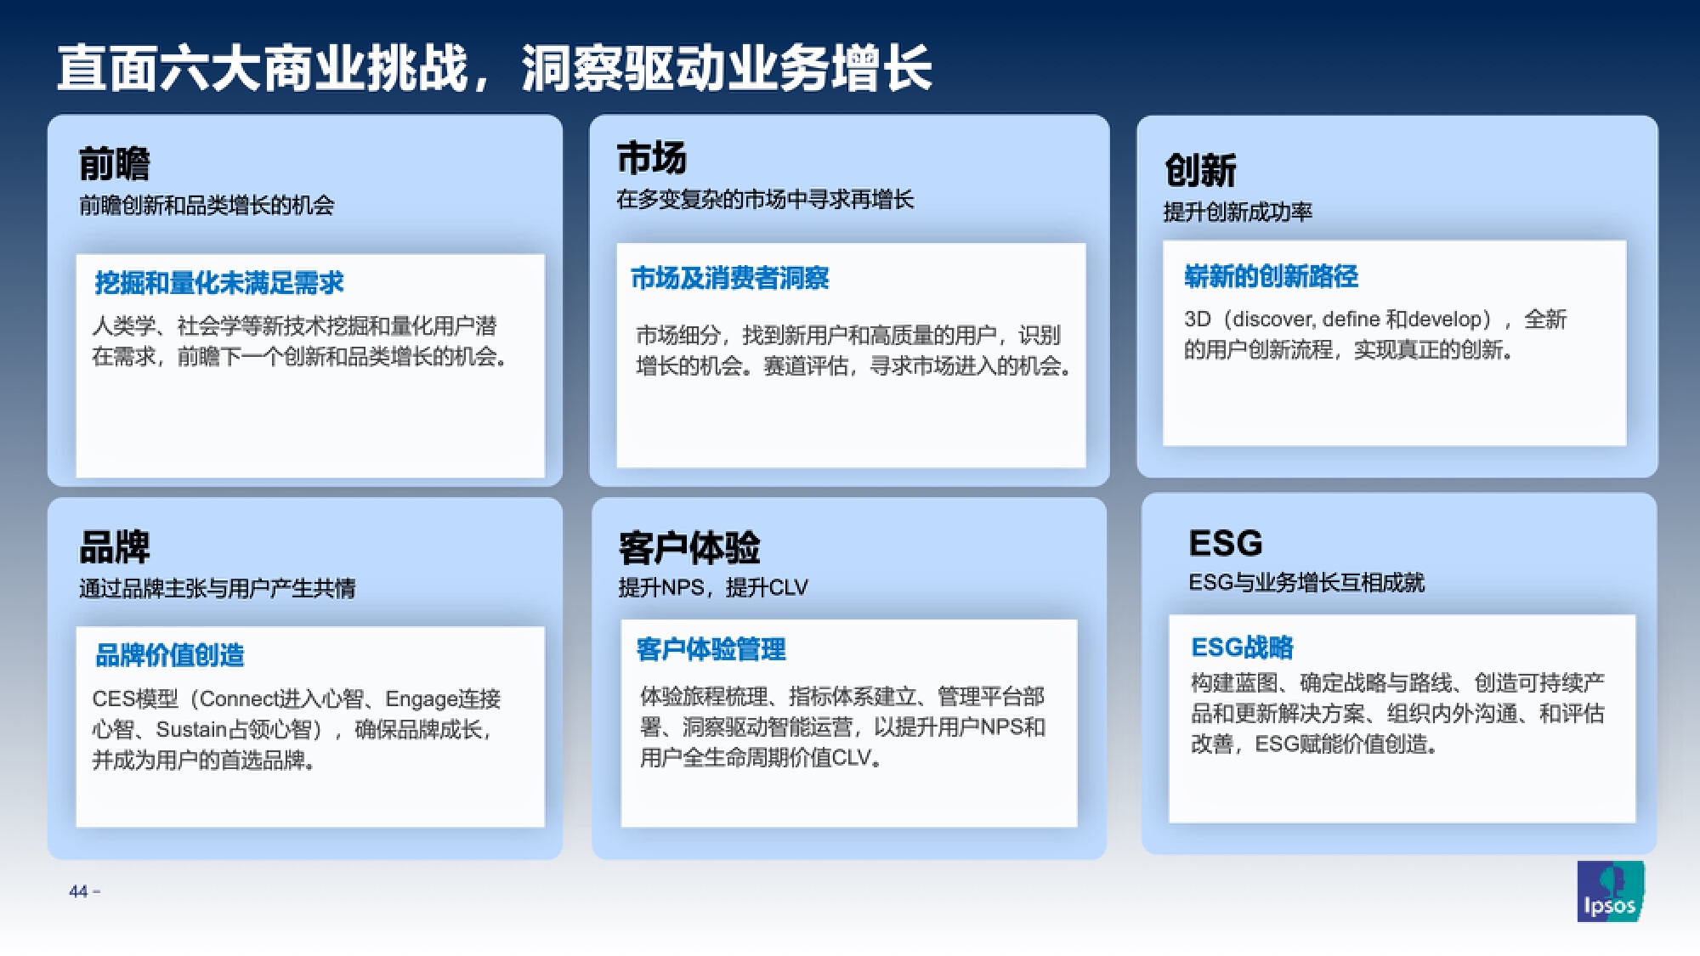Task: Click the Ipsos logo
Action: [1611, 891]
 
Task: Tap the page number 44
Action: [78, 891]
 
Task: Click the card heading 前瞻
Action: [114, 164]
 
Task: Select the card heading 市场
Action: [651, 158]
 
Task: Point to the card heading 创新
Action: [1200, 170]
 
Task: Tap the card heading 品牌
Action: [114, 546]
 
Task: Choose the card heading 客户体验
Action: [689, 548]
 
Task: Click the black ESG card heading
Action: [1226, 543]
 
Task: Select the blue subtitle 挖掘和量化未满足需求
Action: [219, 283]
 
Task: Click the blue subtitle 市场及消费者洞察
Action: [729, 278]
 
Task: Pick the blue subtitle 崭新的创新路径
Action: [1271, 276]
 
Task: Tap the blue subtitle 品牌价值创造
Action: [170, 655]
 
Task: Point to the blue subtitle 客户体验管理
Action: [711, 650]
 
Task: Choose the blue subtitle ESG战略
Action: [1242, 648]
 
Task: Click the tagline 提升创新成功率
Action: [1238, 212]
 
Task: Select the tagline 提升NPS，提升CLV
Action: [713, 587]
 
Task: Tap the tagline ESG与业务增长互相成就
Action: [1306, 582]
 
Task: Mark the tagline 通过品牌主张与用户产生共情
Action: [217, 588]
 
